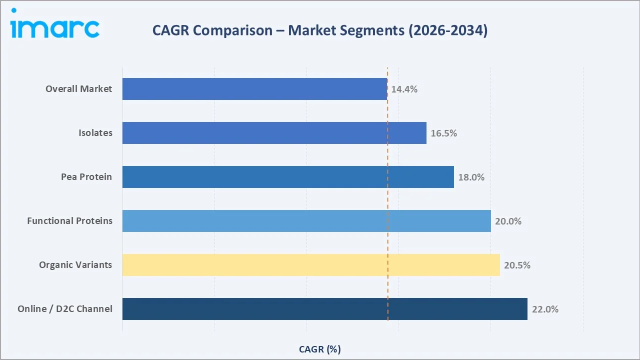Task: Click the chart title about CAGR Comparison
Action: (x=319, y=30)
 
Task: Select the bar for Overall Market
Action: (x=254, y=89)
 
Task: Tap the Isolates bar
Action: (x=274, y=133)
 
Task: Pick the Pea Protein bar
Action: (x=288, y=177)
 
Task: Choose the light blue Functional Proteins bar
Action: (x=306, y=221)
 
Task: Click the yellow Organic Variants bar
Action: (x=311, y=265)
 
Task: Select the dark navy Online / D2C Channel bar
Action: (x=324, y=309)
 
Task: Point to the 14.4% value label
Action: (x=404, y=89)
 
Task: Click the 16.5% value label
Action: (x=443, y=133)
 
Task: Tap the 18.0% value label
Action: (x=471, y=177)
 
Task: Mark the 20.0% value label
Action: (x=508, y=221)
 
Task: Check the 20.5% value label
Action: (x=517, y=265)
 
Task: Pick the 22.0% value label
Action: (x=545, y=309)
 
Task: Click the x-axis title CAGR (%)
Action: (x=319, y=349)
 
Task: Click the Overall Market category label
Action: (x=79, y=89)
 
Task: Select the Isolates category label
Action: (x=95, y=133)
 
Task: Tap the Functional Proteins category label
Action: (x=70, y=221)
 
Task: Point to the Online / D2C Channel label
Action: (x=65, y=309)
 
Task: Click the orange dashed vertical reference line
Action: (x=387, y=200)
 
